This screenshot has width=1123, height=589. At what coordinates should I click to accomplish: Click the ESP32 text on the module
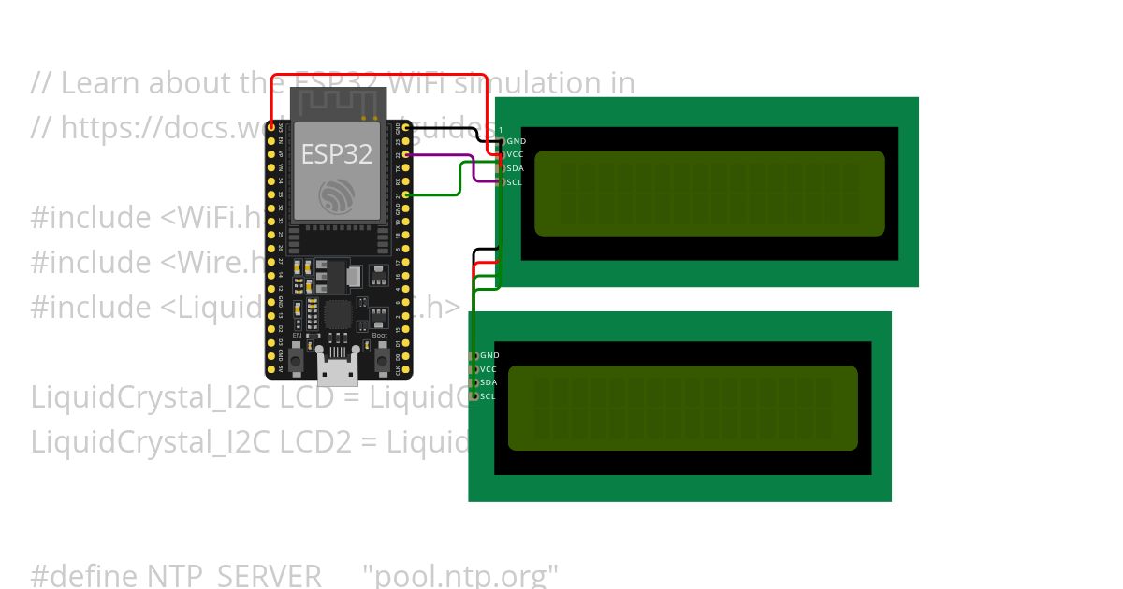coord(336,154)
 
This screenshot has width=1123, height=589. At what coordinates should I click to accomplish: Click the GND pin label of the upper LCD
coord(516,141)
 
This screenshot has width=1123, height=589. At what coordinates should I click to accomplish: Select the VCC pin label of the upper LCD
coord(515,154)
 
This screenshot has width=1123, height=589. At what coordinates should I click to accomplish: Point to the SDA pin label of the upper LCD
coord(515,168)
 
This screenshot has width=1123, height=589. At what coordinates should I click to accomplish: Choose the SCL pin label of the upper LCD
coord(514,182)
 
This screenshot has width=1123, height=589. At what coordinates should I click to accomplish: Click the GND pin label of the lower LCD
coord(489,355)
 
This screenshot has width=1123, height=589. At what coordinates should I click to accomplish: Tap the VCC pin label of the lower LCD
coord(489,369)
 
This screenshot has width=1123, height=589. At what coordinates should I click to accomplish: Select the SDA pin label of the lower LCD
coord(489,382)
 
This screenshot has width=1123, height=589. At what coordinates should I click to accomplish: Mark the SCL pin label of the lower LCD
coord(488,396)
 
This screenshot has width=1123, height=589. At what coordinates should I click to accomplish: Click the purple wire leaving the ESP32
coord(440,154)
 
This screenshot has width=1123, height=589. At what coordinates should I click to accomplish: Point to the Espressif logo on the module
coord(336,196)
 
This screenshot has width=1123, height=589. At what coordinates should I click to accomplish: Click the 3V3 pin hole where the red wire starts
coord(271,127)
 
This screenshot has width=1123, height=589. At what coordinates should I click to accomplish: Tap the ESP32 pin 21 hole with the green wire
coord(404,194)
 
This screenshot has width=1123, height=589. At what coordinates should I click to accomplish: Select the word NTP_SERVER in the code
coord(234,574)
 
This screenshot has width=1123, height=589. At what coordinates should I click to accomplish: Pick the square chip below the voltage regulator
coord(338,314)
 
